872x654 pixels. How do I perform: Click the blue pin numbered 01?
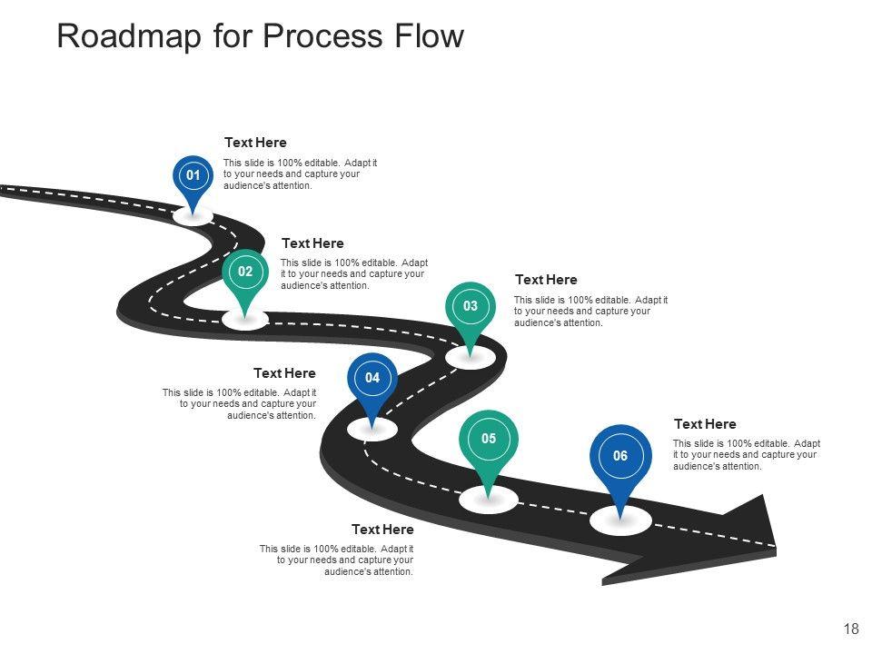click(193, 175)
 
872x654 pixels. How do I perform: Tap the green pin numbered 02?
click(245, 272)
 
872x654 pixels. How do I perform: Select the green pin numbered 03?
click(471, 307)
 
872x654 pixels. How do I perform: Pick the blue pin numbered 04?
click(372, 378)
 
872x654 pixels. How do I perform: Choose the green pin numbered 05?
click(489, 440)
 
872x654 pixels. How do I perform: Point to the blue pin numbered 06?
click(620, 456)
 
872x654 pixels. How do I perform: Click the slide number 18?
click(851, 629)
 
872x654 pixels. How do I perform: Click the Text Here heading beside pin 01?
click(255, 143)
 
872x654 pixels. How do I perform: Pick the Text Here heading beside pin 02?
click(312, 243)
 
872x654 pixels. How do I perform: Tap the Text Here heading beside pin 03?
click(546, 280)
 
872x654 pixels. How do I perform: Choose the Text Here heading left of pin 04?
click(284, 373)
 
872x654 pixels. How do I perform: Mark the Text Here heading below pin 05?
click(382, 530)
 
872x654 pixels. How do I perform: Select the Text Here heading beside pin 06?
click(705, 424)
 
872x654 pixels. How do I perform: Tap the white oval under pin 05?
click(489, 499)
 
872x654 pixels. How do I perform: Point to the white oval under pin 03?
click(471, 358)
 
